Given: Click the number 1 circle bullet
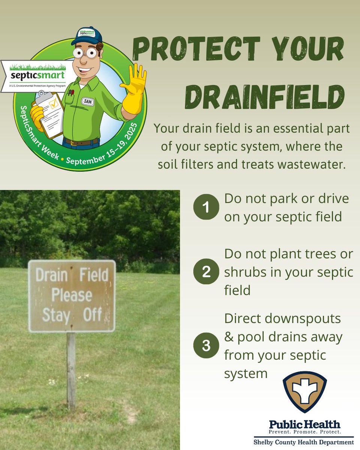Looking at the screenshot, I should (206, 207).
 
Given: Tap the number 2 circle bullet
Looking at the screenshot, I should (206, 271).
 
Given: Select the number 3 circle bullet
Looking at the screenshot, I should (206, 345).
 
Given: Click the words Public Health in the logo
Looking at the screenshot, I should (304, 424).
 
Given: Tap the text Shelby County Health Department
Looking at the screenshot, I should (304, 442).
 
